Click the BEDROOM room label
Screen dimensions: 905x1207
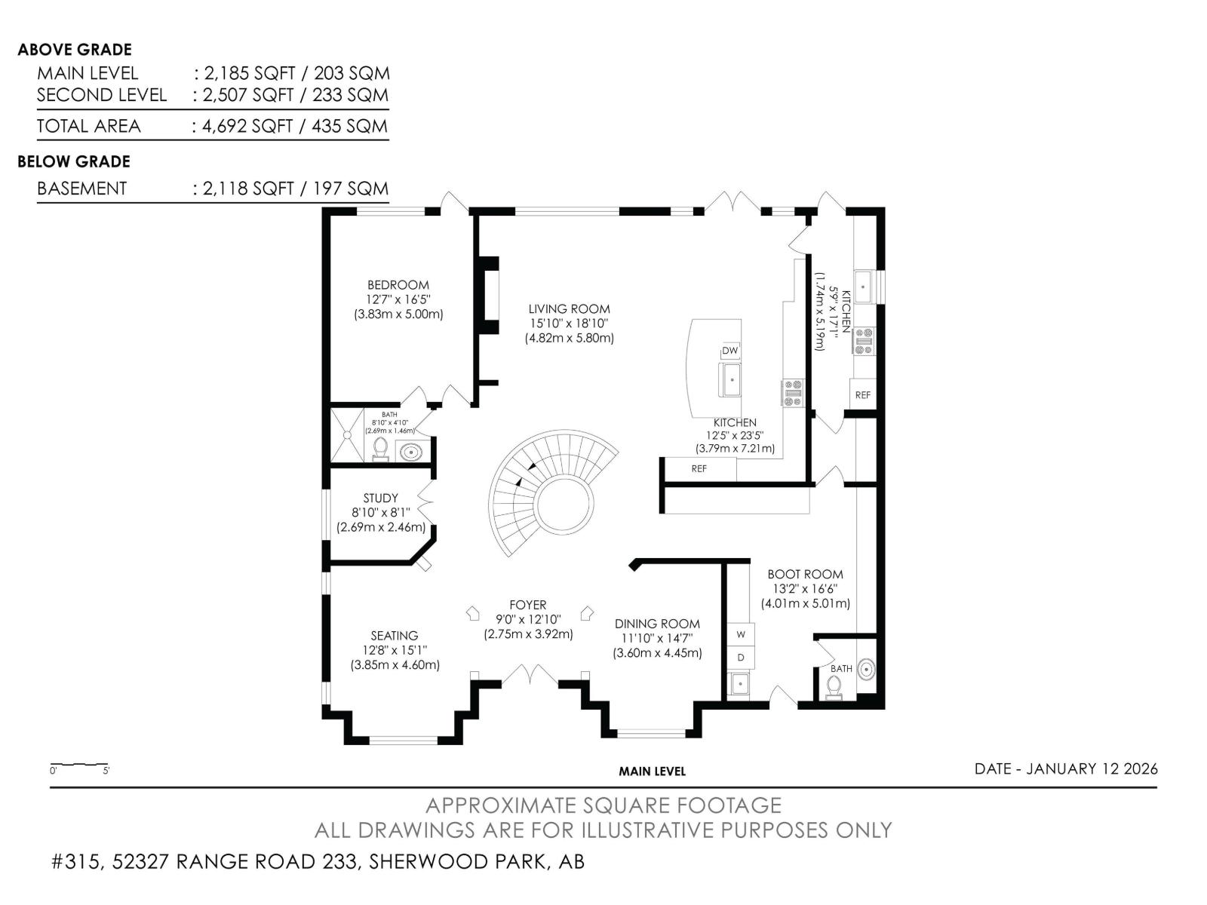click(398, 285)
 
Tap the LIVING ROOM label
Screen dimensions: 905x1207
click(569, 309)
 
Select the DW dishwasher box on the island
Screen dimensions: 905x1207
click(729, 351)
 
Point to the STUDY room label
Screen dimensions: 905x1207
click(380, 499)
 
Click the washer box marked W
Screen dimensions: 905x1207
click(741, 634)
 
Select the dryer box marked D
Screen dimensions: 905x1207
click(741, 658)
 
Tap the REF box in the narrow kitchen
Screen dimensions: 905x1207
click(862, 394)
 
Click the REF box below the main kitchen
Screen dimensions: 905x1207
click(699, 469)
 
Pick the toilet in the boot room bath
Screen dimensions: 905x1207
click(834, 687)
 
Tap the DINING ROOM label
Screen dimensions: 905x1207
click(656, 624)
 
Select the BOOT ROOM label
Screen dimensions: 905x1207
click(805, 575)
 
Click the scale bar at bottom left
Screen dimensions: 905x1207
click(79, 765)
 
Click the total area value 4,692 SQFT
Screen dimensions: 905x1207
click(247, 126)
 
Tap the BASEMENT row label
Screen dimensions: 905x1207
click(81, 189)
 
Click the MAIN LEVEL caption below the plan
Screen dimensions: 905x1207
click(652, 772)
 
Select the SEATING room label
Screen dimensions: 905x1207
click(394, 636)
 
